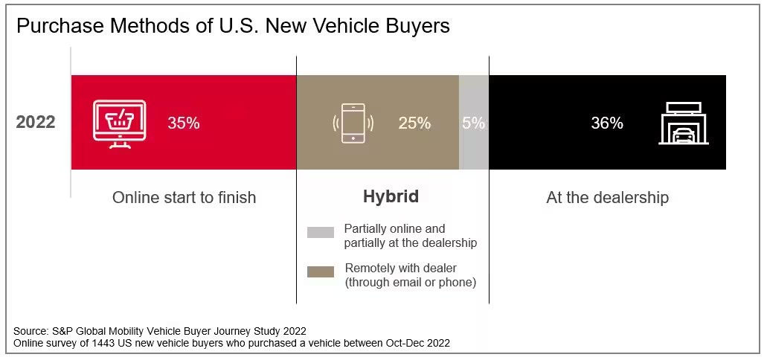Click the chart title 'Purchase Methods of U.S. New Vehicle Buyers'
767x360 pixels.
coord(233,26)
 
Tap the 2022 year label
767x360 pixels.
coord(36,122)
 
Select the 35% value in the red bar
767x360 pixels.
coord(183,123)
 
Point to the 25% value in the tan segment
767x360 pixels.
coord(414,123)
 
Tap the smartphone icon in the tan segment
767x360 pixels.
coord(353,123)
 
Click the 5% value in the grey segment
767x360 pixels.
coord(473,123)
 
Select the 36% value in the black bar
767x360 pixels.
coord(607,123)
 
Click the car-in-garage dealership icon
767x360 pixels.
coord(684,123)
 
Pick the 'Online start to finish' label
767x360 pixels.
coord(184,197)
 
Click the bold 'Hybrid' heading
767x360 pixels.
coord(391,196)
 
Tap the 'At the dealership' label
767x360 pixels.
coord(607,197)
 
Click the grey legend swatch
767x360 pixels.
coord(321,233)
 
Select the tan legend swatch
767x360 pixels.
coord(321,272)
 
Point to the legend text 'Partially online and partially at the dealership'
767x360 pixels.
coord(410,236)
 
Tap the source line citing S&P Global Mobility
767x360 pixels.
coord(160,331)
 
